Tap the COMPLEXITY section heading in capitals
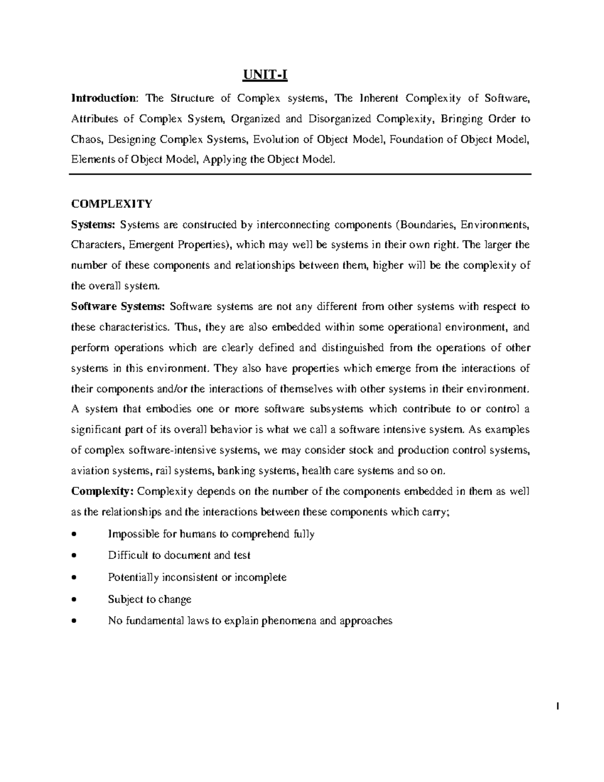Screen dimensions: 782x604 tap(111, 204)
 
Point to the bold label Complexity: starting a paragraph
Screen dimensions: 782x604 tap(102, 491)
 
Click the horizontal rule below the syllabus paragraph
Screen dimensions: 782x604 tap(300, 174)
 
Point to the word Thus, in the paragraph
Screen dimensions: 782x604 tap(188, 327)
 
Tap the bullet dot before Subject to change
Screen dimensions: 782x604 tap(74, 600)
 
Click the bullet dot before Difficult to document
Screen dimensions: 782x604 tap(74, 556)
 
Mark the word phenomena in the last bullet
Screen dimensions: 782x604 tap(291, 621)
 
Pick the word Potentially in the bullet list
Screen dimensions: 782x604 tap(133, 578)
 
